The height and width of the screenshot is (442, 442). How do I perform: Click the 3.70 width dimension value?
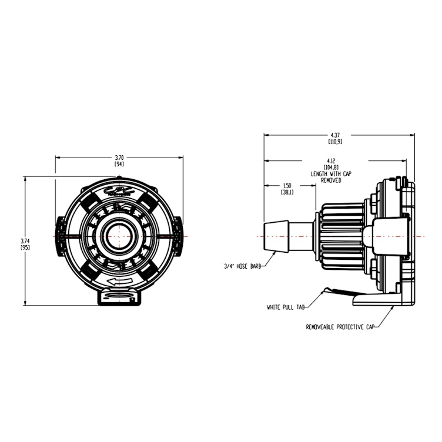pyautogui.click(x=119, y=158)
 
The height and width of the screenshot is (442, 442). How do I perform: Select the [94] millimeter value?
pyautogui.click(x=119, y=165)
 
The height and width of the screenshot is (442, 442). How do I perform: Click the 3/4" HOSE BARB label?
pyautogui.click(x=242, y=266)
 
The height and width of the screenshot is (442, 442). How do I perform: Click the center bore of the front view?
pyautogui.click(x=119, y=236)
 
